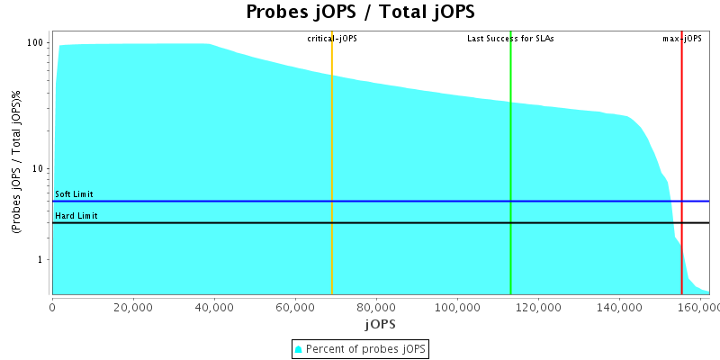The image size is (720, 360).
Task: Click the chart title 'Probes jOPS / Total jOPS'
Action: (360, 13)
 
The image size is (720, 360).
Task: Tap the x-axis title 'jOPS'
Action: (379, 323)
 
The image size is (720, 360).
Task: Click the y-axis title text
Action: (17, 163)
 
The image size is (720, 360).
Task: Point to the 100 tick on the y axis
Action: (36, 43)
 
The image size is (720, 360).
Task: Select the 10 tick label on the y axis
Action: (39, 169)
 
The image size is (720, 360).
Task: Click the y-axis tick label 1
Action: (41, 260)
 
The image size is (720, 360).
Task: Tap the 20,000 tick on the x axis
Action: (133, 306)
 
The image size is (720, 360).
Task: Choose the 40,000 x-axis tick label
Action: (214, 306)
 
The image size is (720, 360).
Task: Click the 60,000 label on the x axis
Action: (295, 306)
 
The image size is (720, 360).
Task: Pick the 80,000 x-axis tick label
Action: (376, 306)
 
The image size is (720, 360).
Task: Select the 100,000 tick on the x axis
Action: (457, 306)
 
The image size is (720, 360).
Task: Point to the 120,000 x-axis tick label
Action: (538, 306)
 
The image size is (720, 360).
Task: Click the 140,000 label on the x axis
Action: (619, 306)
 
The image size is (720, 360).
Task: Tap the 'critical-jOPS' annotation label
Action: (332, 39)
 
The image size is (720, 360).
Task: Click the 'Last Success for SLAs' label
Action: (510, 39)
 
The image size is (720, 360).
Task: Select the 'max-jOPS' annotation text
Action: (681, 39)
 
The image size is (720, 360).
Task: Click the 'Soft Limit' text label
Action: (74, 194)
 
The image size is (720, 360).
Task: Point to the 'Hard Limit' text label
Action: (76, 216)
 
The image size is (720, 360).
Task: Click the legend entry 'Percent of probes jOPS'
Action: (360, 348)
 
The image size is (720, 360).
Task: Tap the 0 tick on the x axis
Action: (52, 306)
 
